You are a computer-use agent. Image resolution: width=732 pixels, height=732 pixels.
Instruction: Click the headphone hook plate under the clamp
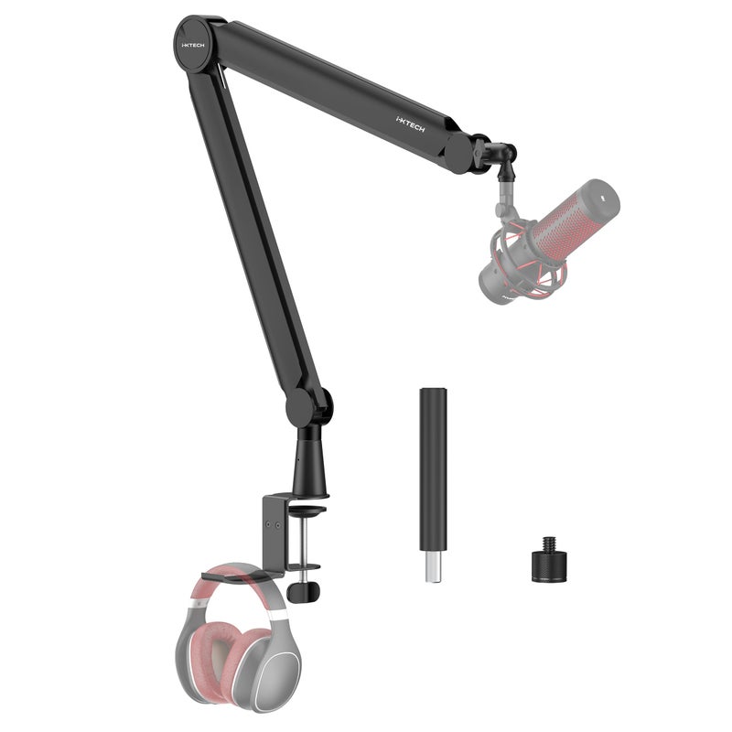point(236,576)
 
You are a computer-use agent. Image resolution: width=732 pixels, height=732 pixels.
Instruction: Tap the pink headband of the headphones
point(229,590)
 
